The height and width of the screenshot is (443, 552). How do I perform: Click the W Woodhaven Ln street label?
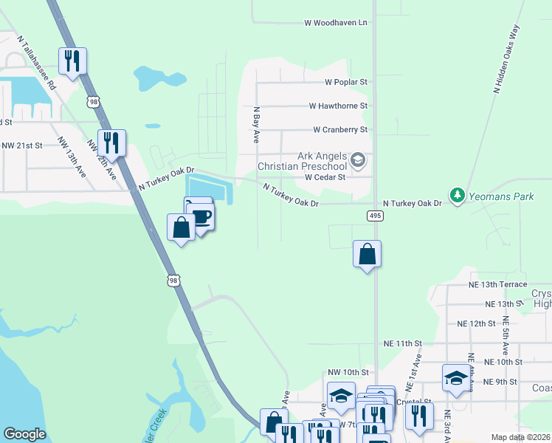click(336, 23)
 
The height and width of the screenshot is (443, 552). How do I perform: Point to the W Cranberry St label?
click(340, 130)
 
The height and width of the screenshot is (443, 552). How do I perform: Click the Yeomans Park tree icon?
click(458, 195)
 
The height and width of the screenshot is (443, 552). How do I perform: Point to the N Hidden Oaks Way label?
click(507, 58)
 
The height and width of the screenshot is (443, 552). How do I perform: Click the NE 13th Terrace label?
click(497, 284)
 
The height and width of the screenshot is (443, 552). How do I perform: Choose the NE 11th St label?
click(402, 344)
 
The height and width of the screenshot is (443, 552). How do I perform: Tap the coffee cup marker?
click(201, 216)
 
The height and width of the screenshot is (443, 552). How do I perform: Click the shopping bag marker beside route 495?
click(367, 255)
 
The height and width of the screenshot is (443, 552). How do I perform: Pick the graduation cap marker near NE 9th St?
click(455, 379)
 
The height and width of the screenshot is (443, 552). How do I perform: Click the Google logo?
click(24, 435)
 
